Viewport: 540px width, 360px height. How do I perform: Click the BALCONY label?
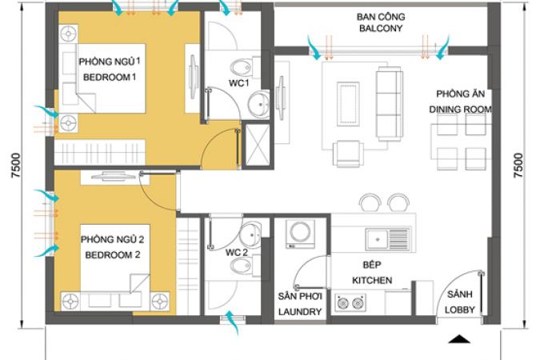(381, 28)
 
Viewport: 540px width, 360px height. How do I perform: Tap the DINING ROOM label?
(460, 110)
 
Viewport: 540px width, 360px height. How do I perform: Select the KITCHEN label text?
(372, 281)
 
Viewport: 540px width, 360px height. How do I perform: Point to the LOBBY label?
(460, 310)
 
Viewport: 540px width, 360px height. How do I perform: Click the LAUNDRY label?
(300, 312)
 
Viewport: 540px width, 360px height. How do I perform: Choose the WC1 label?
(238, 83)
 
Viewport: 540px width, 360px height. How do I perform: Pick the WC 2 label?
(237, 253)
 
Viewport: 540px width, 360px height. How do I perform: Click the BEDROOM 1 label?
(110, 77)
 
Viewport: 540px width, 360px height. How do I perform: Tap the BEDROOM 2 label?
(113, 255)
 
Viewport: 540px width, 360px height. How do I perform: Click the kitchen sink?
(387, 238)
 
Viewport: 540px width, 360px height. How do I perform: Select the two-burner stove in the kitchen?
(350, 303)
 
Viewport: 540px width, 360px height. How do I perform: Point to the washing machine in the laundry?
(300, 234)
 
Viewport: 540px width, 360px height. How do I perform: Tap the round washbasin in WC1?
(259, 104)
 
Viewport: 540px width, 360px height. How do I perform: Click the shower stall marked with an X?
(258, 146)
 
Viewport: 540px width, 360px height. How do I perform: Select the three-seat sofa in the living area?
(389, 103)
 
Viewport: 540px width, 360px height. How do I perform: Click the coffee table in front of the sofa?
(348, 104)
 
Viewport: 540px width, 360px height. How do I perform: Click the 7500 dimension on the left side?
(16, 166)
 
